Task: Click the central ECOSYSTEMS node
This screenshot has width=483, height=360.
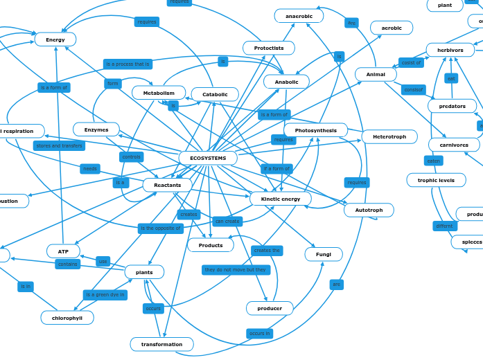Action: [208, 158]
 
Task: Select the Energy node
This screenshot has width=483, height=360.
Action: [55, 39]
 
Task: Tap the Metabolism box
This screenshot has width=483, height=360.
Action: [159, 93]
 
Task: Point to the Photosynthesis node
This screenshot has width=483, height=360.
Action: [315, 130]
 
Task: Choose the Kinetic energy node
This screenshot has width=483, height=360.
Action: [281, 199]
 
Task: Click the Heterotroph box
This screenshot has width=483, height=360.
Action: [389, 136]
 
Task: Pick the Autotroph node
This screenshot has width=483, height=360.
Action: [369, 210]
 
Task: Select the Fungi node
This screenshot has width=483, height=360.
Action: [324, 254]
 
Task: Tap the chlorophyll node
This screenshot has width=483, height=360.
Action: [67, 318]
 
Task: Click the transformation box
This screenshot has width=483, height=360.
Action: [161, 344]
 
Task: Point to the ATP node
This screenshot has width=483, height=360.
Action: [63, 251]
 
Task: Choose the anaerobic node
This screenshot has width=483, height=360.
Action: [299, 16]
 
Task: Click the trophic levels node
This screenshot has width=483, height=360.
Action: [436, 180]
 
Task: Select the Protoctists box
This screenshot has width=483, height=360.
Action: [269, 48]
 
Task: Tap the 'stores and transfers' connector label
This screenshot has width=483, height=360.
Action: [59, 146]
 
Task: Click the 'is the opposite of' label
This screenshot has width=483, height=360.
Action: [161, 228]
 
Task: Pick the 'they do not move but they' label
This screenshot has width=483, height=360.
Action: [236, 270]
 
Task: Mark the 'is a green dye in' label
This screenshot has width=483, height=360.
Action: [105, 295]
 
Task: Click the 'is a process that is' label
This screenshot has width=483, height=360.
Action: [128, 64]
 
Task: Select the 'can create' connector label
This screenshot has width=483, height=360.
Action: [227, 222]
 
